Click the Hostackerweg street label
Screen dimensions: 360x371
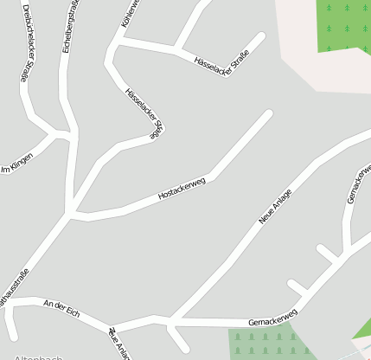coord(181,190)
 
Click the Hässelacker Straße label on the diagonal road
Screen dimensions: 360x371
coord(144,111)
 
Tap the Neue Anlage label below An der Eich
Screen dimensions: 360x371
coord(119,344)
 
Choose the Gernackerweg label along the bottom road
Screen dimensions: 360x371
coord(272,317)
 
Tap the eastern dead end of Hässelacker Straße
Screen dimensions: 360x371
coord(259,36)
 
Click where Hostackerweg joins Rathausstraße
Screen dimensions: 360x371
coord(73,212)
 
